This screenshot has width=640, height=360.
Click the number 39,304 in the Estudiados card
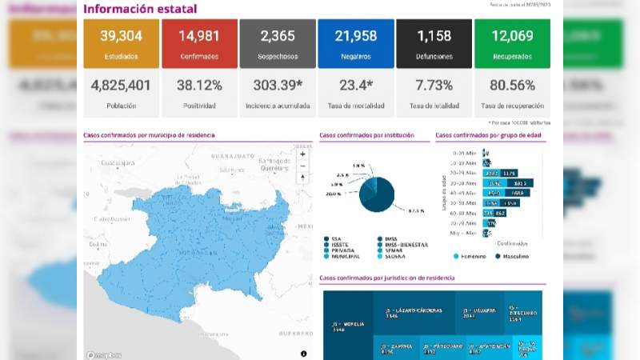click(x=121, y=36)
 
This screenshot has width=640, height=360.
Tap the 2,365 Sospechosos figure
click(x=277, y=36)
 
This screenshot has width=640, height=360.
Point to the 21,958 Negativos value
click(x=355, y=36)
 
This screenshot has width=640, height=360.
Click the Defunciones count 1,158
click(x=434, y=36)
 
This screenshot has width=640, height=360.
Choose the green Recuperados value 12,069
click(x=512, y=36)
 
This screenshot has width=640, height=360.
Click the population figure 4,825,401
click(x=121, y=85)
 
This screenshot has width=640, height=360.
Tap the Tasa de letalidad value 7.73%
click(x=434, y=85)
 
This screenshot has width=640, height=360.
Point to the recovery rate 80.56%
click(x=512, y=85)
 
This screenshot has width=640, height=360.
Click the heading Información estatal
click(x=140, y=9)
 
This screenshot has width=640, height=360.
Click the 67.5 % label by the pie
click(x=415, y=211)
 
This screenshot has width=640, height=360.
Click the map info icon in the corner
click(x=304, y=353)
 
